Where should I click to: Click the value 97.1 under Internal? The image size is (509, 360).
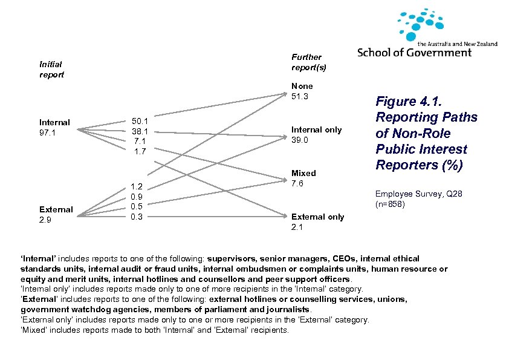coord(47,133)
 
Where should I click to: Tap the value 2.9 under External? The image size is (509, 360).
coord(45,220)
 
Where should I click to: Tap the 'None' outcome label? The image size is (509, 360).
coord(302,86)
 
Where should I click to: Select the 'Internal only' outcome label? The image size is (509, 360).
coord(316,129)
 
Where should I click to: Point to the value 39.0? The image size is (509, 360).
coord(300,140)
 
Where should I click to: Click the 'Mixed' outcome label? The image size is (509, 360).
coord(303,174)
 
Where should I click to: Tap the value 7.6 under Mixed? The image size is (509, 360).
coord(297,183)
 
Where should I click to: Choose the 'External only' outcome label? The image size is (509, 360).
coord(317,217)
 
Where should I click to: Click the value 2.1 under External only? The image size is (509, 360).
coord(297,227)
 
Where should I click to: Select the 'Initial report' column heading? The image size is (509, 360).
coord(51,69)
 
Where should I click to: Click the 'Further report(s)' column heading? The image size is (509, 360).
coord(308,62)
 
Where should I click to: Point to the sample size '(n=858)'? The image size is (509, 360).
coord(390,204)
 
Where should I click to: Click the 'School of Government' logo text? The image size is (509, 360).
coord(414,53)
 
